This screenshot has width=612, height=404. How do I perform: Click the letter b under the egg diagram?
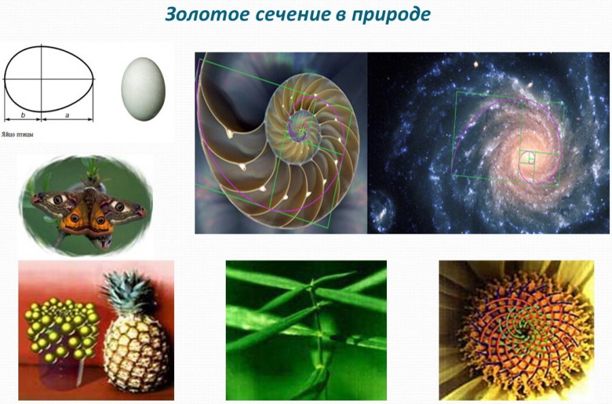coord(23,115)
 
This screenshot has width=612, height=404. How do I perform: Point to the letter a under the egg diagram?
coord(67,116)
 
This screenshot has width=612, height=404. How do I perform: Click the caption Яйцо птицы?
coord(18,135)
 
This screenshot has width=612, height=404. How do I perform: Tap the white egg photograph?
coord(143,89)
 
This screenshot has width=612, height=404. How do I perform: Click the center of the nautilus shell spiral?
coord(301,127)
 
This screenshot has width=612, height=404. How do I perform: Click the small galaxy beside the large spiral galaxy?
coord(381,211)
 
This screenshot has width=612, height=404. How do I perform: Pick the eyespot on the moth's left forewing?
coord(58,200)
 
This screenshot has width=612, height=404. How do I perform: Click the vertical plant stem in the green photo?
coord(317,332)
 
